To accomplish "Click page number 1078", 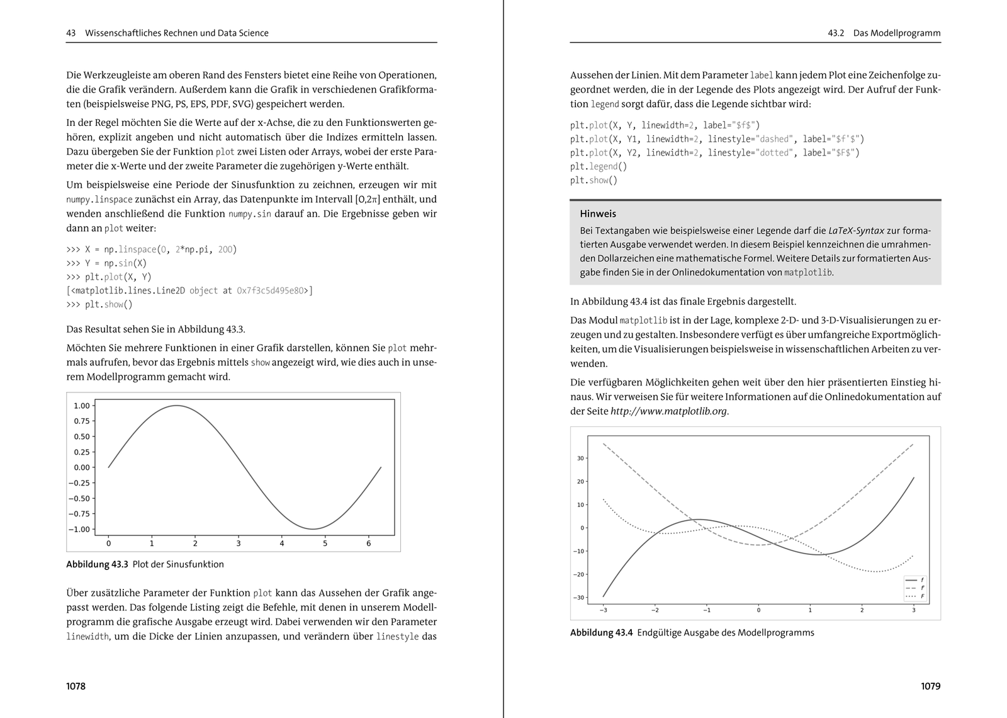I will click(x=76, y=686).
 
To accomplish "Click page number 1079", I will click(x=930, y=686).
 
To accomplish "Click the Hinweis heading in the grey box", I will click(x=598, y=214).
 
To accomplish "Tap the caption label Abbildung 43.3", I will click(x=97, y=564).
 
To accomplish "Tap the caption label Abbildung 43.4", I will click(x=601, y=632).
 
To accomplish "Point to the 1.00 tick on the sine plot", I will click(x=82, y=406).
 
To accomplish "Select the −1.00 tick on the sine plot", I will click(x=79, y=530).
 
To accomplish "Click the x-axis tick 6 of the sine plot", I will click(x=368, y=543).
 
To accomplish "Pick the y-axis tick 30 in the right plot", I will click(x=580, y=459).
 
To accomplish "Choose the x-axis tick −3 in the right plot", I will click(x=602, y=610).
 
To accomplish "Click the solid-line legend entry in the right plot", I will click(x=914, y=579).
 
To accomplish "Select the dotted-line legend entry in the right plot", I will click(x=914, y=596).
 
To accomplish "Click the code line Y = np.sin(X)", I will click(x=106, y=263).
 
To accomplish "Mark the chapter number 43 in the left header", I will click(x=71, y=33).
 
